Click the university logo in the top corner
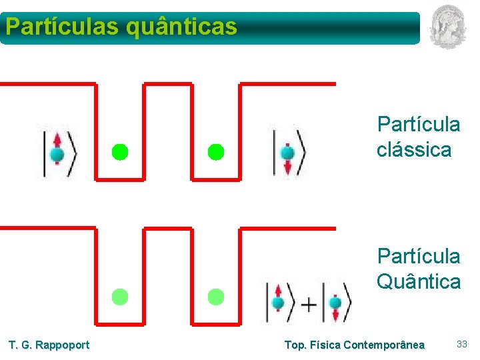point(448,26)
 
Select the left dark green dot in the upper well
point(119,152)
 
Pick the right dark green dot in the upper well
point(215,152)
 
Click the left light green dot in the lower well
point(119,297)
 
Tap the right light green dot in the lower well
point(215,297)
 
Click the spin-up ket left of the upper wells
point(59,153)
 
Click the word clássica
point(413,150)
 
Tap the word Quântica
point(419,281)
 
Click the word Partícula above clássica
point(419,125)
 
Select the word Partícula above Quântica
point(419,256)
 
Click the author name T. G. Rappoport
point(49,345)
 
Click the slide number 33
point(461,344)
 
